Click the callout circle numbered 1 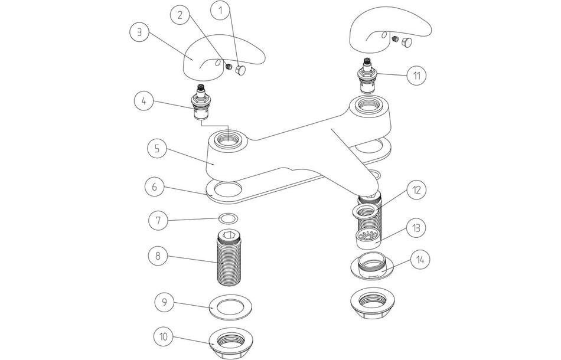click(x=221, y=10)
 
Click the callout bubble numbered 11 click(x=417, y=75)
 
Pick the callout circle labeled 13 click(x=416, y=227)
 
